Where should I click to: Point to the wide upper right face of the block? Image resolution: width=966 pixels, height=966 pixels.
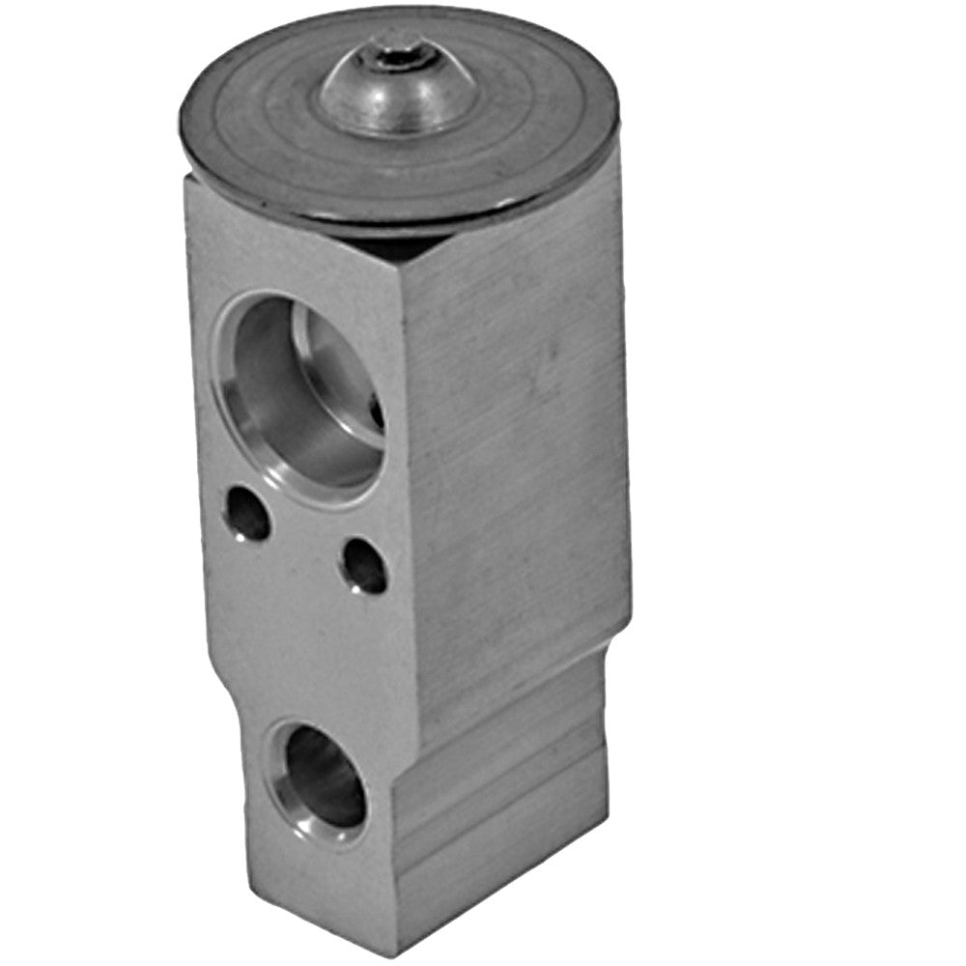coord(512,435)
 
